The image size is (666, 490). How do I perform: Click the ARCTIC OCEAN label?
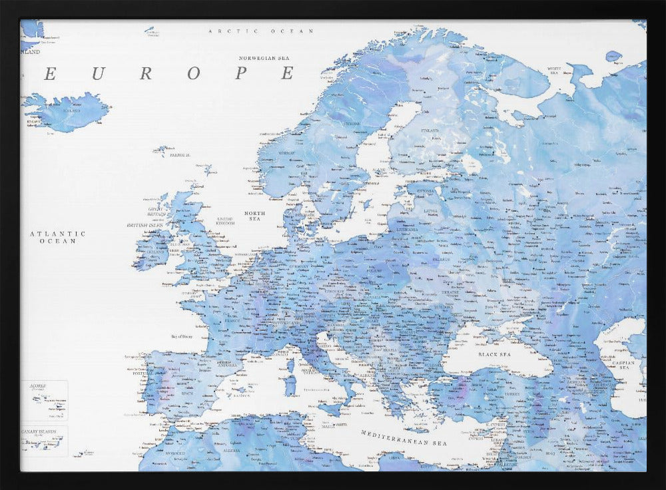260,31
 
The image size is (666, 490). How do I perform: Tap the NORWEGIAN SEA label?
266,58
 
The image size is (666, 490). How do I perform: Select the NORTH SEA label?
254,216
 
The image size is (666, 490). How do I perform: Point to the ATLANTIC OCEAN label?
58,237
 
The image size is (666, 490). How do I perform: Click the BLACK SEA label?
494,355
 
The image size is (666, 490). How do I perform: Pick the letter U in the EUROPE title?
97,74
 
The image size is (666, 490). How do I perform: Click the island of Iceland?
67,112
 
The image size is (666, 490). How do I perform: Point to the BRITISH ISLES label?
146,226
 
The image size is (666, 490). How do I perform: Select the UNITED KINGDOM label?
225,220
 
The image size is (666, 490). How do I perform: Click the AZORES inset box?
43,399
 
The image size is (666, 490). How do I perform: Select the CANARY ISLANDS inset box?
43,441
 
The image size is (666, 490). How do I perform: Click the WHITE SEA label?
553,69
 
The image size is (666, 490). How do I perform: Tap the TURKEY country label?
494,393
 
